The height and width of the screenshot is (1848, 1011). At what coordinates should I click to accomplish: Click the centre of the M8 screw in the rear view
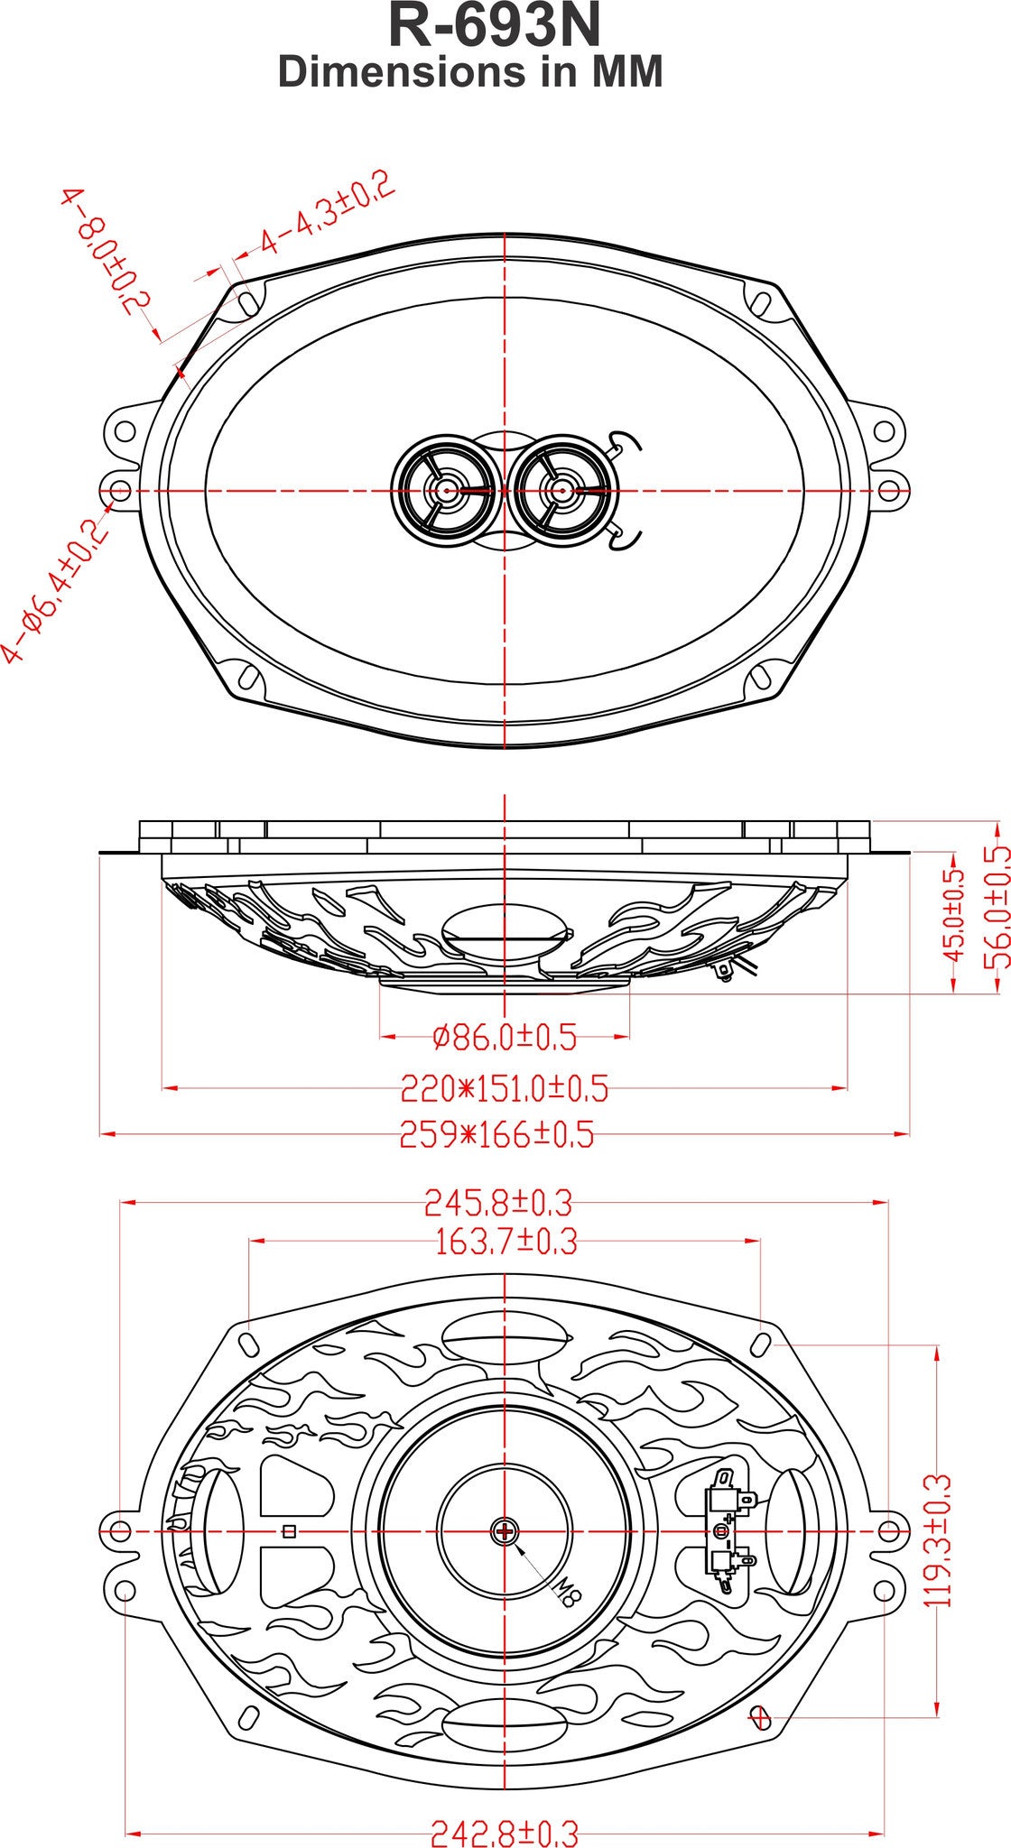point(504,1530)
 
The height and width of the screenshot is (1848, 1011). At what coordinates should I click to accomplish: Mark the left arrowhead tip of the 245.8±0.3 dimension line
point(121,1202)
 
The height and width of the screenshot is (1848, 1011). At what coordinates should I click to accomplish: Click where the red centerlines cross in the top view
point(504,490)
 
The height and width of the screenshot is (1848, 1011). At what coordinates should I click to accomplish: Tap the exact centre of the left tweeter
point(445,490)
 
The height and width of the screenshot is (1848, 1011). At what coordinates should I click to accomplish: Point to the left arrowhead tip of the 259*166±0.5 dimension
point(99,1132)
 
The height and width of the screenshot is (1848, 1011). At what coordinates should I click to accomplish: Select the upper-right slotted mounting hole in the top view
point(762,300)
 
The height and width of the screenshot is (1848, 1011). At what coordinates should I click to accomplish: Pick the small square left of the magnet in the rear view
point(289,1530)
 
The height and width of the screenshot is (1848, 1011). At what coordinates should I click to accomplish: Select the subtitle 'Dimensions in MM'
point(470,72)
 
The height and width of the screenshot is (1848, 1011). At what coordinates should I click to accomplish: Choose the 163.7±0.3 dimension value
point(505,1243)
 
